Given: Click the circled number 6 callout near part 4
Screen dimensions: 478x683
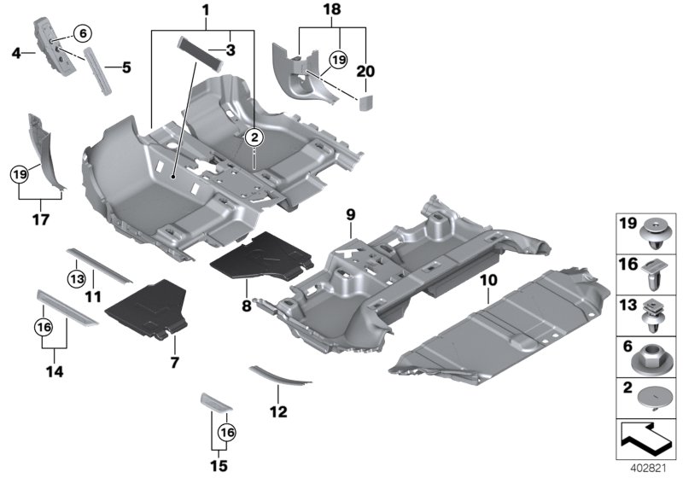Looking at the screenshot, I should click(x=82, y=33).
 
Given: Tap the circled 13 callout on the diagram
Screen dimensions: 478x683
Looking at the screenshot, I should click(x=77, y=277).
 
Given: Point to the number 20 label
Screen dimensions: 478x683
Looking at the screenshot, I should click(x=365, y=72).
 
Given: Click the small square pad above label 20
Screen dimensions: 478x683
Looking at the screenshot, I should click(x=365, y=104).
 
